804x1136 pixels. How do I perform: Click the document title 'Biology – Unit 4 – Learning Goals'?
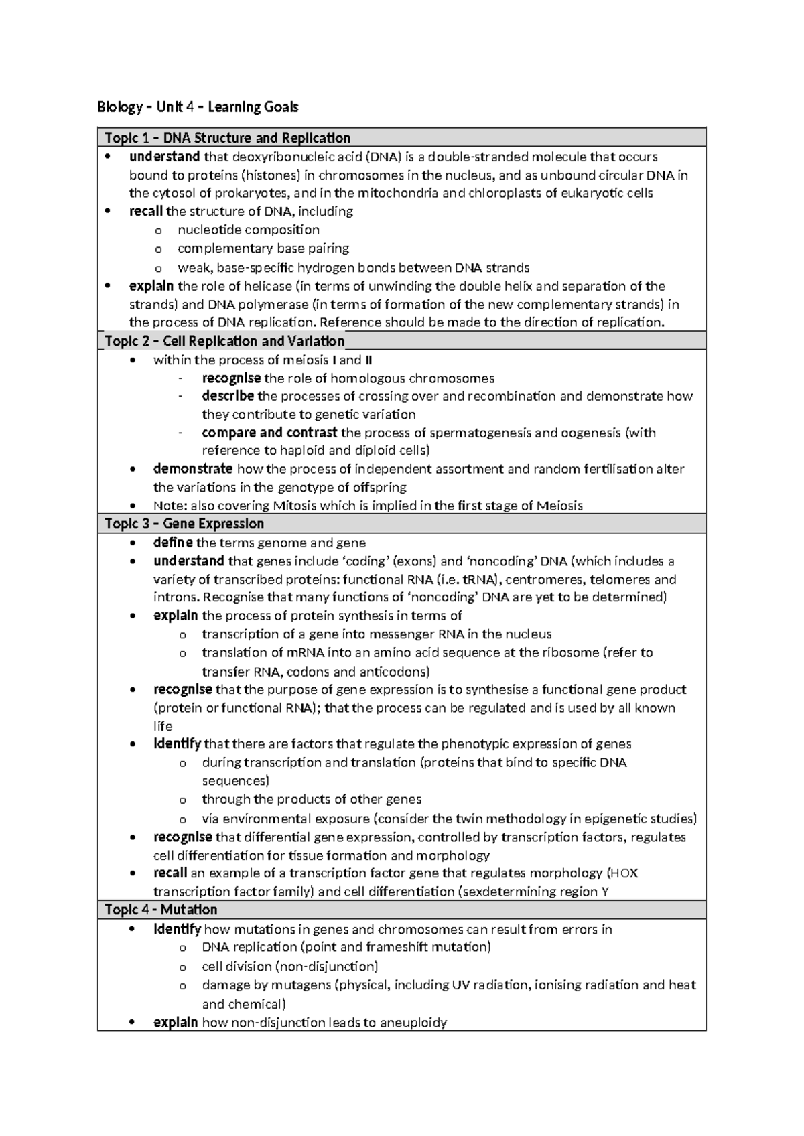pyautogui.click(x=198, y=106)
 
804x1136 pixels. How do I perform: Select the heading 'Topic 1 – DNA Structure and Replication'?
pyautogui.click(x=228, y=138)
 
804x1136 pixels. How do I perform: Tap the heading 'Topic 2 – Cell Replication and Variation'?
pyautogui.click(x=224, y=341)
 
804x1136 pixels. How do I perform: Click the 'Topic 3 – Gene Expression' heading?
pyautogui.click(x=184, y=524)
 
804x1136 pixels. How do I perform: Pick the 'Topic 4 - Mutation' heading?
pyautogui.click(x=161, y=910)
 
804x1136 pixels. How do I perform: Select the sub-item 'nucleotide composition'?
pyautogui.click(x=248, y=230)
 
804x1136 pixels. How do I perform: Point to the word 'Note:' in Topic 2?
pyautogui.click(x=170, y=506)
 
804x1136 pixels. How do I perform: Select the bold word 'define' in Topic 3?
pyautogui.click(x=173, y=543)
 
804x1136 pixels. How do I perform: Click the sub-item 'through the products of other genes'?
pyautogui.click(x=312, y=799)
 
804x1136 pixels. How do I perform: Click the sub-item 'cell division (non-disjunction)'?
pyautogui.click(x=289, y=967)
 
